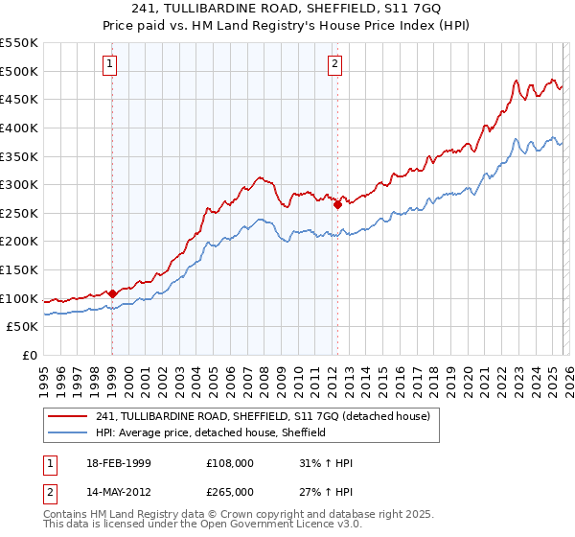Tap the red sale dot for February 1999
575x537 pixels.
point(112,293)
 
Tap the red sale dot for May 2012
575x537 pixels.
point(337,204)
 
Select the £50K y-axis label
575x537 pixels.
point(23,327)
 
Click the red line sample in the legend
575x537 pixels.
point(67,416)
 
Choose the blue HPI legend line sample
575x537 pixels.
point(67,432)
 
